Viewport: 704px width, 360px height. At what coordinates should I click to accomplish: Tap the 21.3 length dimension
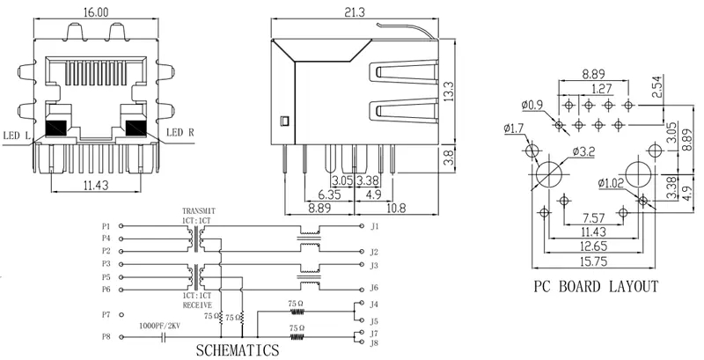coord(356,11)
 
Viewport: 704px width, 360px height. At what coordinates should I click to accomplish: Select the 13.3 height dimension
coord(449,90)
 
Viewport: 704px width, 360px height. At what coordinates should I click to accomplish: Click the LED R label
coord(180,133)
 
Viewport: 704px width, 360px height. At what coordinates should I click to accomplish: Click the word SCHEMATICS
coord(238,349)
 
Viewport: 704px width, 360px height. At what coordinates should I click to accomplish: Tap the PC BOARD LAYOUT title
coord(596,286)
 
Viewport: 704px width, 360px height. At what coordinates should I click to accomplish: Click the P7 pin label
coord(106,313)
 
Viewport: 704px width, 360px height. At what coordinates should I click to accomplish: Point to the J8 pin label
coord(374,343)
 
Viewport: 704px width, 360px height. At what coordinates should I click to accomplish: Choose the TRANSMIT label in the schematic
coord(198,211)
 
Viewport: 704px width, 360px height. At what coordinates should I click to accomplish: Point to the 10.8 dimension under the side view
coord(396,208)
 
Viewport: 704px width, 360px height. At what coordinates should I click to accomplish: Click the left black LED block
coord(56,127)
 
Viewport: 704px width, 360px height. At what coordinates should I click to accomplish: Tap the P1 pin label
coord(106,226)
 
